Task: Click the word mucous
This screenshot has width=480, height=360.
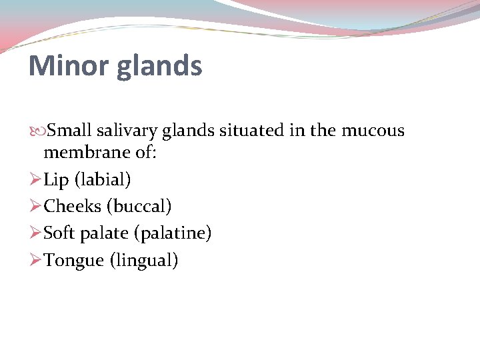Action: [x=373, y=130]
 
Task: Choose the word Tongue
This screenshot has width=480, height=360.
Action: [x=74, y=261]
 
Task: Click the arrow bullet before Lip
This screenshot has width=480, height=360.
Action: [x=36, y=180]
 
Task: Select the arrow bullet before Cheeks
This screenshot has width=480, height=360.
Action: [x=36, y=207]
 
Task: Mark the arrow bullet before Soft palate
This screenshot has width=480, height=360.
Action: [x=36, y=233]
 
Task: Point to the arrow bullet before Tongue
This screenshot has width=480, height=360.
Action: [x=36, y=260]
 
